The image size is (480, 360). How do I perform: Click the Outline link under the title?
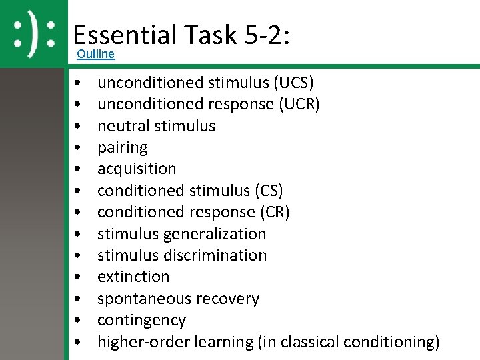[95, 54]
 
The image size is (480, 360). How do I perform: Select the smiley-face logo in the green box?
[35, 33]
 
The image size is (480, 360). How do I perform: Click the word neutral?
[122, 126]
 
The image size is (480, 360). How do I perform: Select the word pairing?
[123, 147]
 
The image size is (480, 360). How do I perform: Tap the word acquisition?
[137, 169]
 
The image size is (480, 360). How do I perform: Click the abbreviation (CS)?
[269, 191]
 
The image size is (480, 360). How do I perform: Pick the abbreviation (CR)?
[275, 212]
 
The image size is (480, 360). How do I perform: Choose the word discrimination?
[213, 255]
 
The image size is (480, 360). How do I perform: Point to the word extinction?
[133, 277]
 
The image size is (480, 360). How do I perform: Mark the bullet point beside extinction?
[79, 277]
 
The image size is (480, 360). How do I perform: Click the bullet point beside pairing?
[79, 147]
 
